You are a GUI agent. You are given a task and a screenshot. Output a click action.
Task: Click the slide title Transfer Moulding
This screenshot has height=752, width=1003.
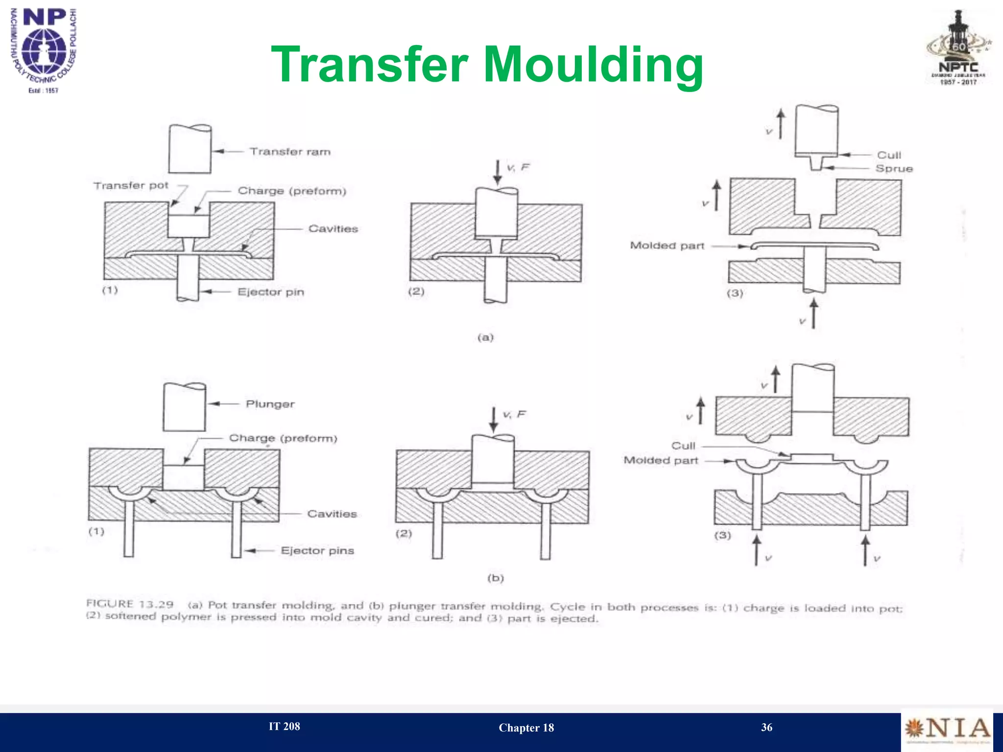point(487,65)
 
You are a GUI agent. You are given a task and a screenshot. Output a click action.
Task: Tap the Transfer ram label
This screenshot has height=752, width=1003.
point(290,152)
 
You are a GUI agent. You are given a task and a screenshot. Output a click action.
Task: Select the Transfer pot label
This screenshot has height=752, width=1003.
point(131,186)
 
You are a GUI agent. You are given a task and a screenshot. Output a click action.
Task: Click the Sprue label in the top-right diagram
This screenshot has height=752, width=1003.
point(894,168)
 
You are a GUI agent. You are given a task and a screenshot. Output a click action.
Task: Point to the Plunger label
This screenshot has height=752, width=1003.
point(270,404)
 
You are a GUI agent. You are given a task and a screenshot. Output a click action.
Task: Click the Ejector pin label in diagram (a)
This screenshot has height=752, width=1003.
point(271,292)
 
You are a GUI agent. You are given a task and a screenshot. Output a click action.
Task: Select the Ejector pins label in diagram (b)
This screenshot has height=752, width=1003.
point(317,551)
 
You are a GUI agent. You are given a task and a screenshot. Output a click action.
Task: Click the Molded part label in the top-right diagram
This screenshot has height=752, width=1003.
point(667,246)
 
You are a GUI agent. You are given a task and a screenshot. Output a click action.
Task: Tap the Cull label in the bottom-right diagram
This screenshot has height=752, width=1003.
point(683,446)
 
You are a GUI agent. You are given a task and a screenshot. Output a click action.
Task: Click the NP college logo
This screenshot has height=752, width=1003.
point(44,49)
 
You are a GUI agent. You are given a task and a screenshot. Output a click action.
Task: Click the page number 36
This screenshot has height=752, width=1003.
point(766,728)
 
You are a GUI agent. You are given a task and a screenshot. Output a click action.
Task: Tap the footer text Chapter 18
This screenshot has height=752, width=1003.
point(526,728)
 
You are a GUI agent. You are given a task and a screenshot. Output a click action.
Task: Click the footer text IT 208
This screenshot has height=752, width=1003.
point(284,727)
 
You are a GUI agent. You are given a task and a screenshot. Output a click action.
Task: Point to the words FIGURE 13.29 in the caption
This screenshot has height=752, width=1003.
point(130,604)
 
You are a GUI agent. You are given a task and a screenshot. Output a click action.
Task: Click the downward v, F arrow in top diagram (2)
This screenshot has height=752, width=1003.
point(497,172)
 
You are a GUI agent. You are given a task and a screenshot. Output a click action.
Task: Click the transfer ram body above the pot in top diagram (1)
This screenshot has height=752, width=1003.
point(190,149)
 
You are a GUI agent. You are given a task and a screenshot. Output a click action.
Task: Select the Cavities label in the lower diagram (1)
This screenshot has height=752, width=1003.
point(332,514)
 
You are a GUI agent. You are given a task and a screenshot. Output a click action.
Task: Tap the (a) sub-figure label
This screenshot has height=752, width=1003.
point(485,337)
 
